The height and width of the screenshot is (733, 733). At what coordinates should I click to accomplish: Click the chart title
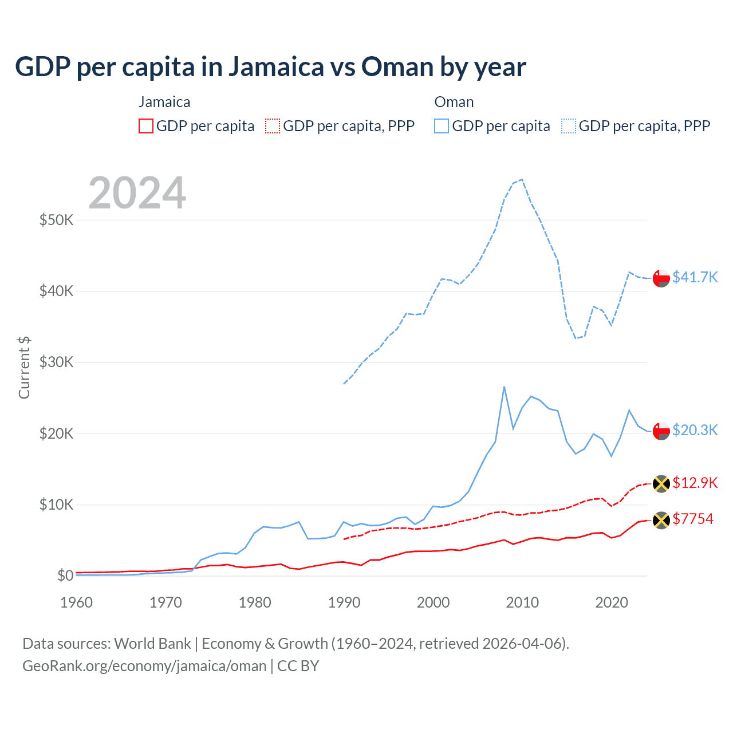coord(270,67)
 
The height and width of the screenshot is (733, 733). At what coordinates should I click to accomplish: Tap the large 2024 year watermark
coord(137,193)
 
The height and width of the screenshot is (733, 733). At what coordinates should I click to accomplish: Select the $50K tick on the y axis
coord(56,220)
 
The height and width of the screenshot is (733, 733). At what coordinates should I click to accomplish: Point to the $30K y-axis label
coord(56,362)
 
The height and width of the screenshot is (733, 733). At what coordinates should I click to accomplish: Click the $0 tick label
coord(65,576)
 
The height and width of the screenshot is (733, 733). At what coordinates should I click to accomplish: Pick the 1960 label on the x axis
coord(76,602)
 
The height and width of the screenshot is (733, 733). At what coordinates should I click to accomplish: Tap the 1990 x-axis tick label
coord(344,602)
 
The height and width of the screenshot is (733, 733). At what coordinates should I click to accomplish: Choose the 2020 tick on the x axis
coord(612,602)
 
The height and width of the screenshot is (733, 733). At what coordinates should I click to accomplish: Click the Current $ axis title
coord(24,368)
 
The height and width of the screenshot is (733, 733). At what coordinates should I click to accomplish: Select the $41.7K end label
coord(695,277)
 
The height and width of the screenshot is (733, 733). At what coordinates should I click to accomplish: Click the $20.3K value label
coord(695,430)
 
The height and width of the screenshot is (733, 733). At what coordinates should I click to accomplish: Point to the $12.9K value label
coord(695,483)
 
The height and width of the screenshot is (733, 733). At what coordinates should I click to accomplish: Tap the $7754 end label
coord(693,519)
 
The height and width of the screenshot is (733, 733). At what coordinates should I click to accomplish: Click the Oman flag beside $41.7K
coord(661,278)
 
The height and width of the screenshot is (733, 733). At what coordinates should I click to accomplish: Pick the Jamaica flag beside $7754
coord(661,520)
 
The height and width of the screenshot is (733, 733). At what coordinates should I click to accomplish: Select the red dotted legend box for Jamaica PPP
coord(273,126)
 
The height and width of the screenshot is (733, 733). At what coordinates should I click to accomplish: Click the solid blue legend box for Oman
coord(442,126)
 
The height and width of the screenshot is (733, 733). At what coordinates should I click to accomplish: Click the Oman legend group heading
coord(454,102)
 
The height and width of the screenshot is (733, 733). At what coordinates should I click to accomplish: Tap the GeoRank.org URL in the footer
coord(144,666)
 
